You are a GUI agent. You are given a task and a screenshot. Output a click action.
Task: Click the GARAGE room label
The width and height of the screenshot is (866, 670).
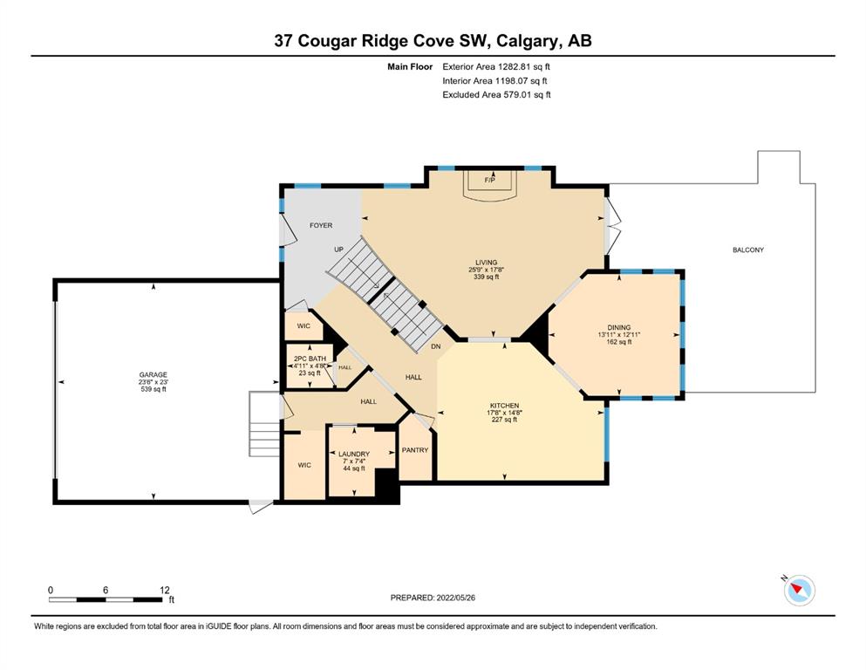(x=153, y=374)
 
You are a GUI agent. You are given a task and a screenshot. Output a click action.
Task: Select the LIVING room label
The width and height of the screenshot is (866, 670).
(x=487, y=263)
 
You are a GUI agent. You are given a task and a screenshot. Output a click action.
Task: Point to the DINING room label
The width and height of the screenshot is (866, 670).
(x=619, y=327)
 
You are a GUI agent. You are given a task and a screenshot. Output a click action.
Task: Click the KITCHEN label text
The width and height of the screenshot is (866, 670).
(x=504, y=406)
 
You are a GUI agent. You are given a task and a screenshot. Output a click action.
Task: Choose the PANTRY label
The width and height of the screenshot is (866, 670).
(x=415, y=450)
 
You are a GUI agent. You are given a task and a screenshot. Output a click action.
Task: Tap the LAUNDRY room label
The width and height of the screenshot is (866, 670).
(x=354, y=454)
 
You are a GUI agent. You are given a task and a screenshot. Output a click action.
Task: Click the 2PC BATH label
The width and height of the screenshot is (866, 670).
(x=310, y=359)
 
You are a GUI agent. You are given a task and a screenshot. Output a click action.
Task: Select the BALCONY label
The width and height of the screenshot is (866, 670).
(x=748, y=250)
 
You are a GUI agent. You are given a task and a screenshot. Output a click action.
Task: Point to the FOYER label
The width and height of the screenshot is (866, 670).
(x=321, y=225)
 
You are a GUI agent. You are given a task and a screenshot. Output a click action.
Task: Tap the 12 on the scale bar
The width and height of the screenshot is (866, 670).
(x=165, y=590)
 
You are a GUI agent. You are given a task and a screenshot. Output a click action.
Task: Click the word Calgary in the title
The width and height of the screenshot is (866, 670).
(x=528, y=41)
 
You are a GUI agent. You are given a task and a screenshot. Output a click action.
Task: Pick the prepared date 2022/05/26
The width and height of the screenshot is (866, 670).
(x=455, y=598)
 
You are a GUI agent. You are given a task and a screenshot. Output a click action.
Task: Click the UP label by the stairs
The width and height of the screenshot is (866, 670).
(x=338, y=250)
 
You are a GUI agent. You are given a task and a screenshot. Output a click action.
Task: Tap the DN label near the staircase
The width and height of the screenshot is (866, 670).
(x=436, y=347)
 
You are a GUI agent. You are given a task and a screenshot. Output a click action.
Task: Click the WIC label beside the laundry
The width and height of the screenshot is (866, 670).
(x=304, y=466)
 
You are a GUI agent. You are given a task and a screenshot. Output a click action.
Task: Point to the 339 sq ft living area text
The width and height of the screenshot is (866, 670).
(x=487, y=277)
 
